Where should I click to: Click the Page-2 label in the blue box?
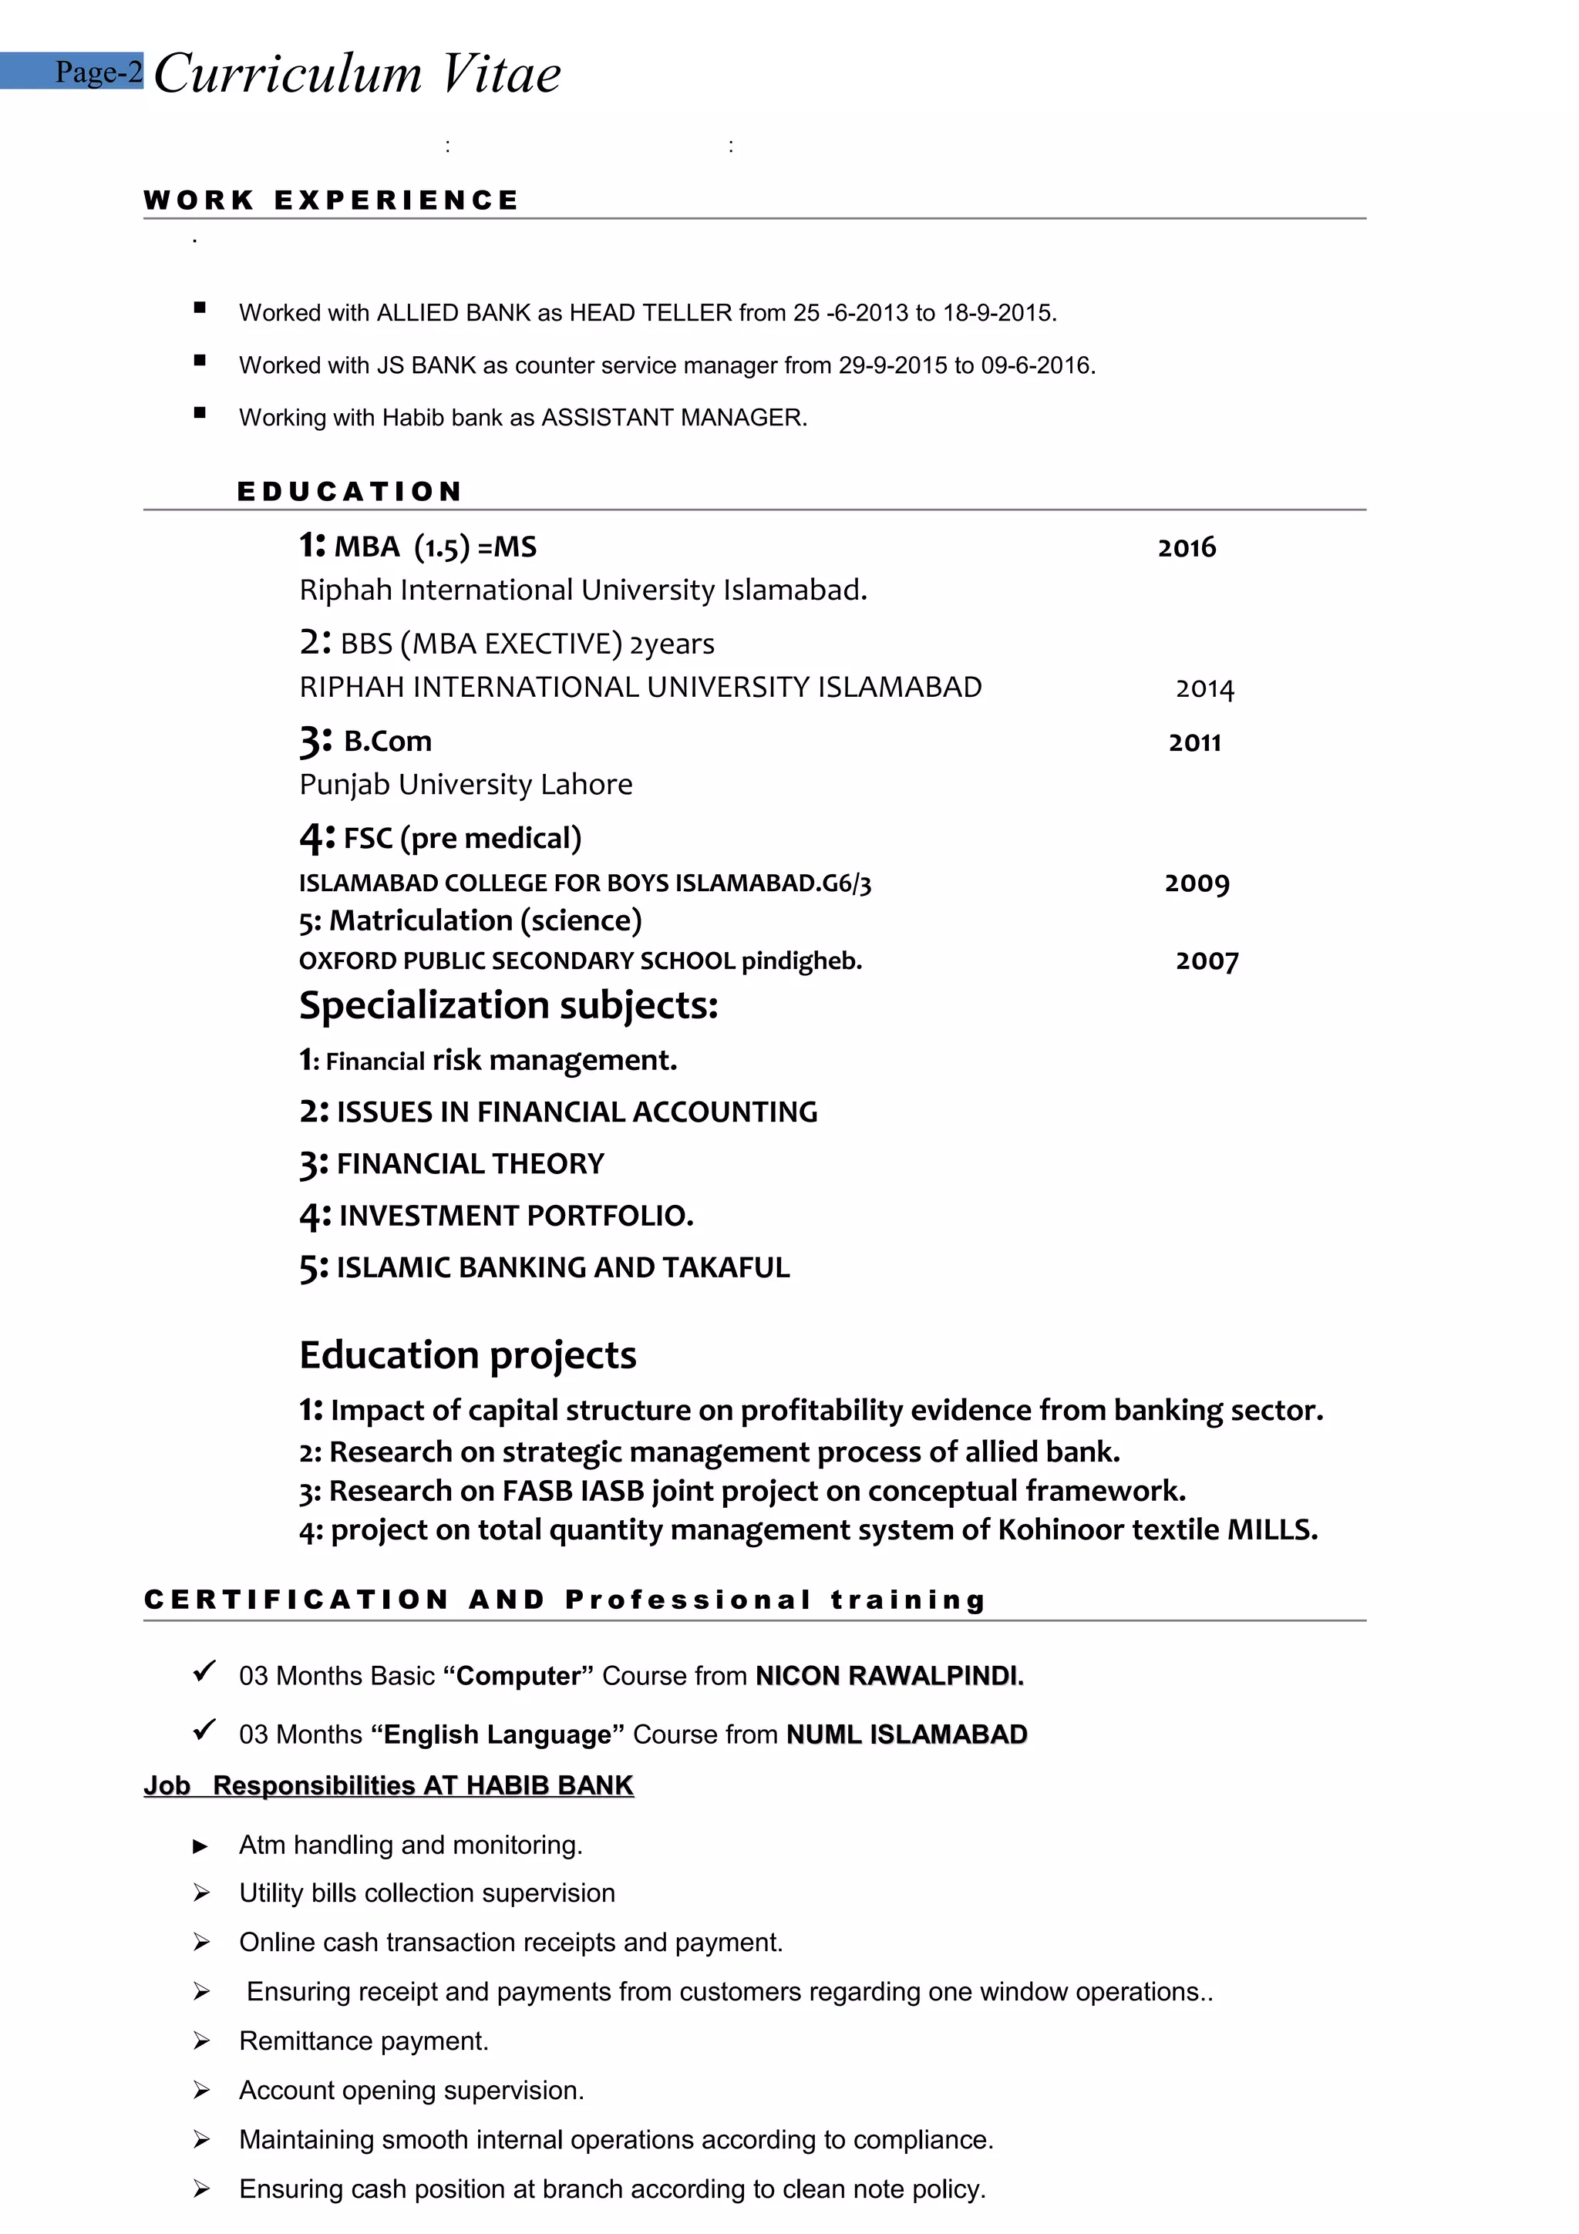(98, 72)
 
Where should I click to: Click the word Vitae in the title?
(501, 75)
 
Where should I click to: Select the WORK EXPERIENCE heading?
(331, 200)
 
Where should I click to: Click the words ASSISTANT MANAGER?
(673, 419)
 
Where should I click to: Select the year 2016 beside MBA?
(1186, 548)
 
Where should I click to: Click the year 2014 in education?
(1204, 689)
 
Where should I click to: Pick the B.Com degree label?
(387, 742)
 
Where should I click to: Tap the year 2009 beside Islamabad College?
(1197, 883)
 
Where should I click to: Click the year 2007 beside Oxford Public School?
(1207, 961)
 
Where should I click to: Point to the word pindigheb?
(801, 961)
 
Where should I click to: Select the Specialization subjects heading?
(508, 1005)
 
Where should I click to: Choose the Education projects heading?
(468, 1355)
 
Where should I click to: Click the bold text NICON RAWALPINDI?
(889, 1676)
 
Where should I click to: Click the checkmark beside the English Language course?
(204, 1730)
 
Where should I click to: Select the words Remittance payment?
(363, 2041)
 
